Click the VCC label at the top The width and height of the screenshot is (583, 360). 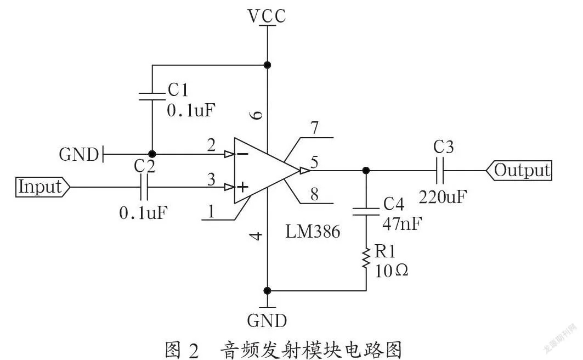(267, 15)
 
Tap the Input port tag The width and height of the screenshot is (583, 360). (43, 187)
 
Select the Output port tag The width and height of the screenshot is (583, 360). (519, 171)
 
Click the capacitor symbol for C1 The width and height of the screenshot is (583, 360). (152, 97)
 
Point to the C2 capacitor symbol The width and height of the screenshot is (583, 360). (144, 187)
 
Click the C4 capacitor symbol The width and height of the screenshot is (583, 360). (366, 211)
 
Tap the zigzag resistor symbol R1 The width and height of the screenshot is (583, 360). (366, 257)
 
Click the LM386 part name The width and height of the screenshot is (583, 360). (312, 232)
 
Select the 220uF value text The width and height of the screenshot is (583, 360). (443, 196)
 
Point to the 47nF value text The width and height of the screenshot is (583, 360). (403, 224)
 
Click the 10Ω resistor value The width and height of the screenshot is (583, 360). (391, 271)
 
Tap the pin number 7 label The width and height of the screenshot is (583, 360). (315, 127)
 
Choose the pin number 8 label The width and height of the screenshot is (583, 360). (315, 194)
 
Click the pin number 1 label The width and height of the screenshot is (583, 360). (211, 211)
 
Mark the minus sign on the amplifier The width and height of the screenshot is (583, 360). (242, 154)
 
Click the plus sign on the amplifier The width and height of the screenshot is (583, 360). (242, 187)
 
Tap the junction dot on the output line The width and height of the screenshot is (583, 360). (366, 171)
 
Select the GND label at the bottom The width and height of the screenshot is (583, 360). (267, 320)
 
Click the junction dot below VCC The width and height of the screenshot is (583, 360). (267, 65)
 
